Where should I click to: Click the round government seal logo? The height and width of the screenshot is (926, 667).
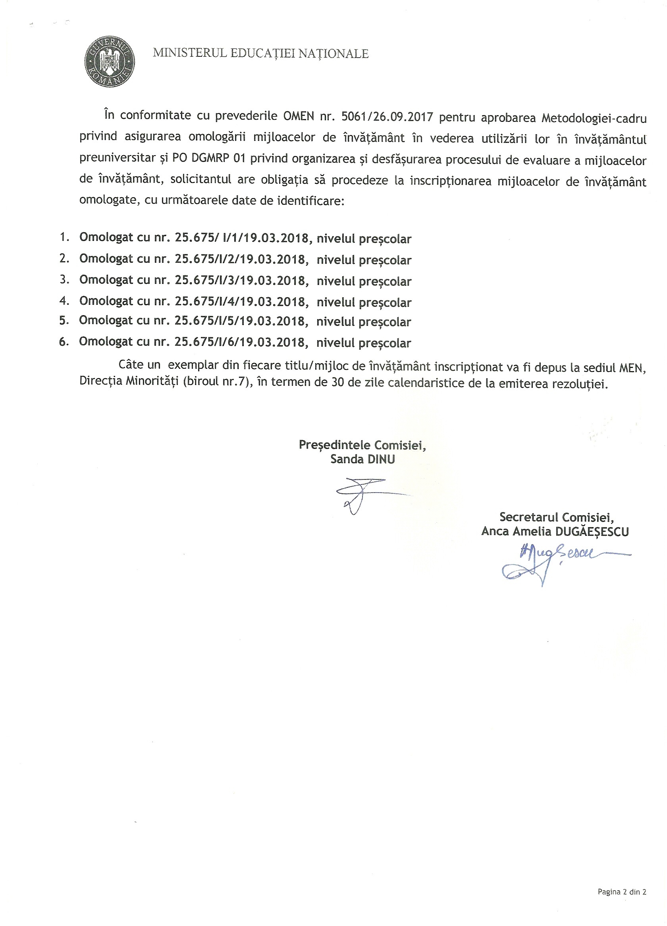click(x=109, y=61)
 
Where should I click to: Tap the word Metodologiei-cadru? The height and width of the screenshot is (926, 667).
click(x=594, y=118)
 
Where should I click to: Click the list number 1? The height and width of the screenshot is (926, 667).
click(x=64, y=237)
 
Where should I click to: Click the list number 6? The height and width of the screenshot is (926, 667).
click(x=64, y=341)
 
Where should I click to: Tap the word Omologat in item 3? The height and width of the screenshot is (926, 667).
click(x=106, y=280)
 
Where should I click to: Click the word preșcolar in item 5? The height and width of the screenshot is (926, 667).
click(x=385, y=322)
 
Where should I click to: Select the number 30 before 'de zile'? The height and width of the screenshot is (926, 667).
click(x=337, y=383)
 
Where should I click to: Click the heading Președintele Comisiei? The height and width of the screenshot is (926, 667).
click(x=362, y=445)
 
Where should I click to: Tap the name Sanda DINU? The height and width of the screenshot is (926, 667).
click(x=362, y=459)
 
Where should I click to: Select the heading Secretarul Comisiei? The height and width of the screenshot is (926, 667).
click(x=556, y=517)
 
